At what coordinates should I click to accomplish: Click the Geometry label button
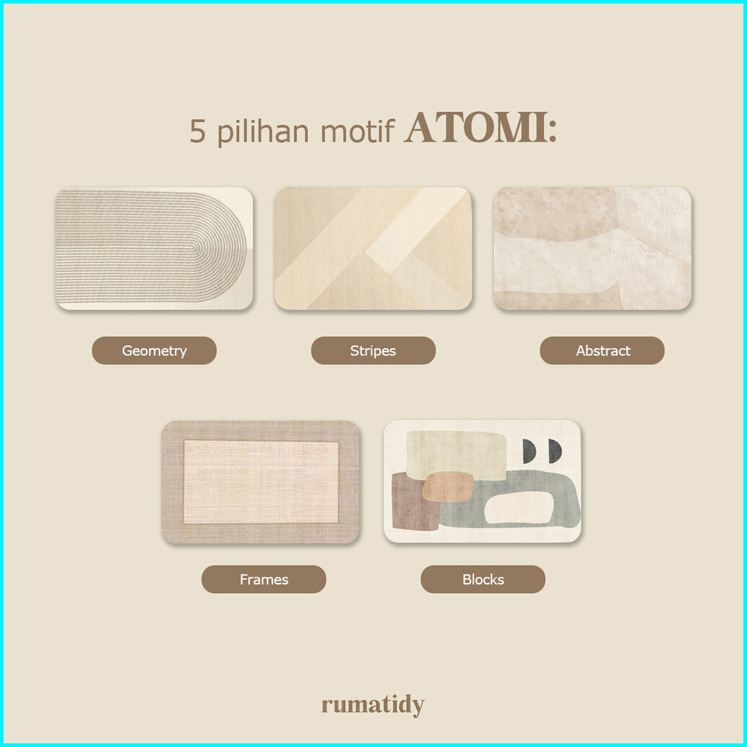pos(154,350)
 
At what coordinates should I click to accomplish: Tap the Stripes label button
pos(373,350)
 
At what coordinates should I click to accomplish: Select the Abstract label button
pos(603,350)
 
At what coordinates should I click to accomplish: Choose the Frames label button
pos(264,579)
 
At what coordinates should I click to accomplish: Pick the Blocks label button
pos(483,579)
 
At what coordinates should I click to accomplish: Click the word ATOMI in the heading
pos(475,128)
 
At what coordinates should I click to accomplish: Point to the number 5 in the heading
pos(198,131)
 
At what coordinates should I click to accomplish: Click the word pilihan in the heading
pos(263,131)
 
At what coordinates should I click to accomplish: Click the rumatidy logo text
pos(373,705)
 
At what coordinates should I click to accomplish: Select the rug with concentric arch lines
pos(154,249)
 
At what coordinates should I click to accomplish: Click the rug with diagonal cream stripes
pos(373,249)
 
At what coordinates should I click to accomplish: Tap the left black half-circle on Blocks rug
pos(529,451)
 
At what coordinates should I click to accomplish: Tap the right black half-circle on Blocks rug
pos(555,451)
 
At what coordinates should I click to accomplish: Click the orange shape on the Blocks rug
pos(448,487)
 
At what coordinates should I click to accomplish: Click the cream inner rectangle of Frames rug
pos(261,482)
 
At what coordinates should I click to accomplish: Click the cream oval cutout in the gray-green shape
pos(519,508)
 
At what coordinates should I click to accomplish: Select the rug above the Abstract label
pos(592,249)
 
